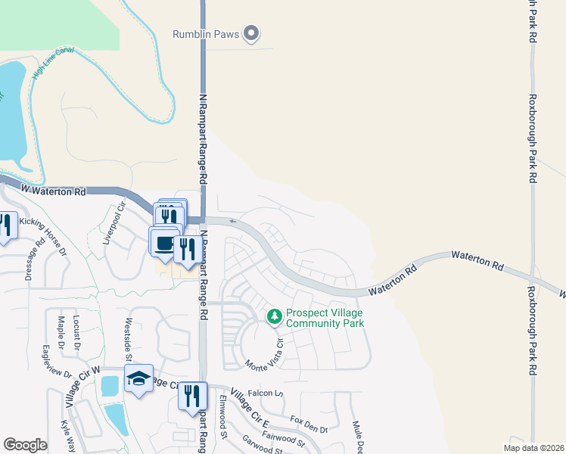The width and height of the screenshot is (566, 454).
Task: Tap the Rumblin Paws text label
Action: coord(206,34)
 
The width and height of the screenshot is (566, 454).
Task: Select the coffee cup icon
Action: coord(163,242)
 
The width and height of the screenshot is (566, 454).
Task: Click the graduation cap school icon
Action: coord(138,380)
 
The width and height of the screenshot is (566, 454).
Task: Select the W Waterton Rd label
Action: coord(53,191)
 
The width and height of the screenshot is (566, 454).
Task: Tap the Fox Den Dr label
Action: coord(308,422)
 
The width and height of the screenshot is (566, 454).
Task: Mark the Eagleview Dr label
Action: coord(57,362)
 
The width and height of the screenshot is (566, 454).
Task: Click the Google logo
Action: coord(25,445)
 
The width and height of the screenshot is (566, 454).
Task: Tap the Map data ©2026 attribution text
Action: coord(533,448)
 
